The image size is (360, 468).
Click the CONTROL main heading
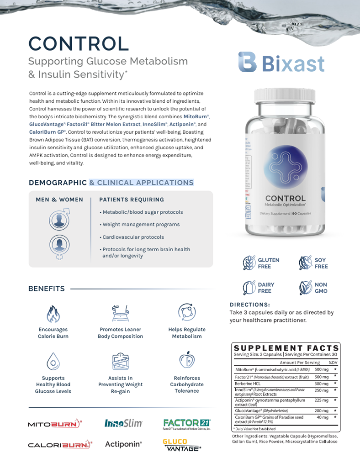pos(79,44)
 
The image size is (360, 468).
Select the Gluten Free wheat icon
pos(249,263)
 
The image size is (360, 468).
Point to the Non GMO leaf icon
pos(305,288)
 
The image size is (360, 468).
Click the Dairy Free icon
pos(249,288)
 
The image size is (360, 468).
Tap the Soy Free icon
pos(305,263)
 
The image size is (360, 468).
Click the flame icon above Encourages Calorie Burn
pos(53,314)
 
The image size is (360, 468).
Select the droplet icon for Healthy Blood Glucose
pos(53,362)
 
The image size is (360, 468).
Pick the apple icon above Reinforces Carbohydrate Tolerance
pos(186,360)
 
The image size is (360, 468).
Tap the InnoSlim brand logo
pos(123,423)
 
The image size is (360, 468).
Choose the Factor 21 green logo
pos(187,423)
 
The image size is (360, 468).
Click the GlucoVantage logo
pos(181,445)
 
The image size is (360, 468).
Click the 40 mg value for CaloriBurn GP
pos(322,417)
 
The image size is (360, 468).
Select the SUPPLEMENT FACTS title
pos(286,348)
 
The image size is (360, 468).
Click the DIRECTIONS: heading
pos(249,305)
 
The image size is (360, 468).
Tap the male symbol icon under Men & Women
pos(60,220)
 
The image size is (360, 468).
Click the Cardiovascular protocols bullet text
pos(133,237)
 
